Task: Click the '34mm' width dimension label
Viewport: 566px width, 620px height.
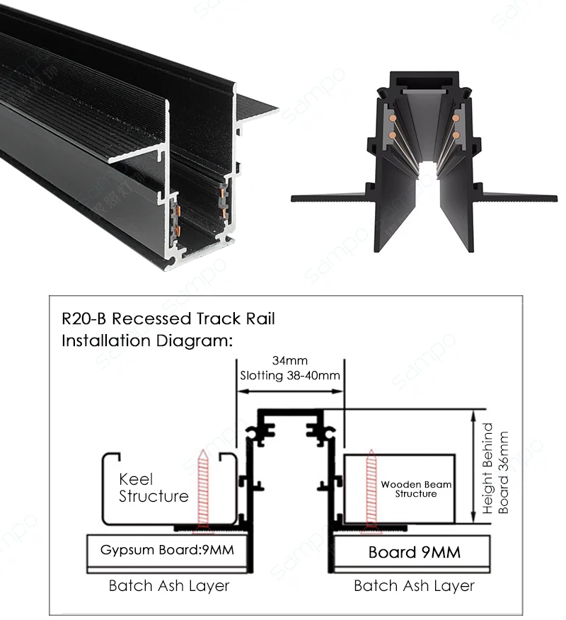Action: (289, 361)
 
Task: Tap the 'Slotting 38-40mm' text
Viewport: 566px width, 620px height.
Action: (290, 375)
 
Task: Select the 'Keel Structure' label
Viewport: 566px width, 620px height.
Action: (154, 488)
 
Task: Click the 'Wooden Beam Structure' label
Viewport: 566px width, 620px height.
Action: (416, 489)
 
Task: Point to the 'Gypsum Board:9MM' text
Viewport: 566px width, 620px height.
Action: (167, 550)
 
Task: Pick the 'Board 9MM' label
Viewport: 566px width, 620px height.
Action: (415, 552)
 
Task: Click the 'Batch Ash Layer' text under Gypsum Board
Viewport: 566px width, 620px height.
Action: (169, 586)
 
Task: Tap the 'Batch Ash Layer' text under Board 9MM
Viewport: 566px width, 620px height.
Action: (414, 586)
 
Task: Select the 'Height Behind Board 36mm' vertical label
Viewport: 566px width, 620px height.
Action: (496, 469)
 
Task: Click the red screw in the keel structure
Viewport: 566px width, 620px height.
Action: (203, 490)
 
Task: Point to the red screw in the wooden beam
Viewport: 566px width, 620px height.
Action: (371, 490)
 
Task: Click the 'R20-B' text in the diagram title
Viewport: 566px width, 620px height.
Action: (84, 318)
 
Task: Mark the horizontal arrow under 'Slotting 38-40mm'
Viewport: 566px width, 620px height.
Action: (290, 391)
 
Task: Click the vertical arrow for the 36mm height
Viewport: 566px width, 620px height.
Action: (473, 466)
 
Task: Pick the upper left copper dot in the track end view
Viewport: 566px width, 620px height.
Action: (393, 117)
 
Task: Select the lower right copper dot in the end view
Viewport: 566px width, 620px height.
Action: (456, 135)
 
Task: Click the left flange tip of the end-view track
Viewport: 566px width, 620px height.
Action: (292, 198)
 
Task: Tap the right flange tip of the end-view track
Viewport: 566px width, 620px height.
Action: (555, 198)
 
